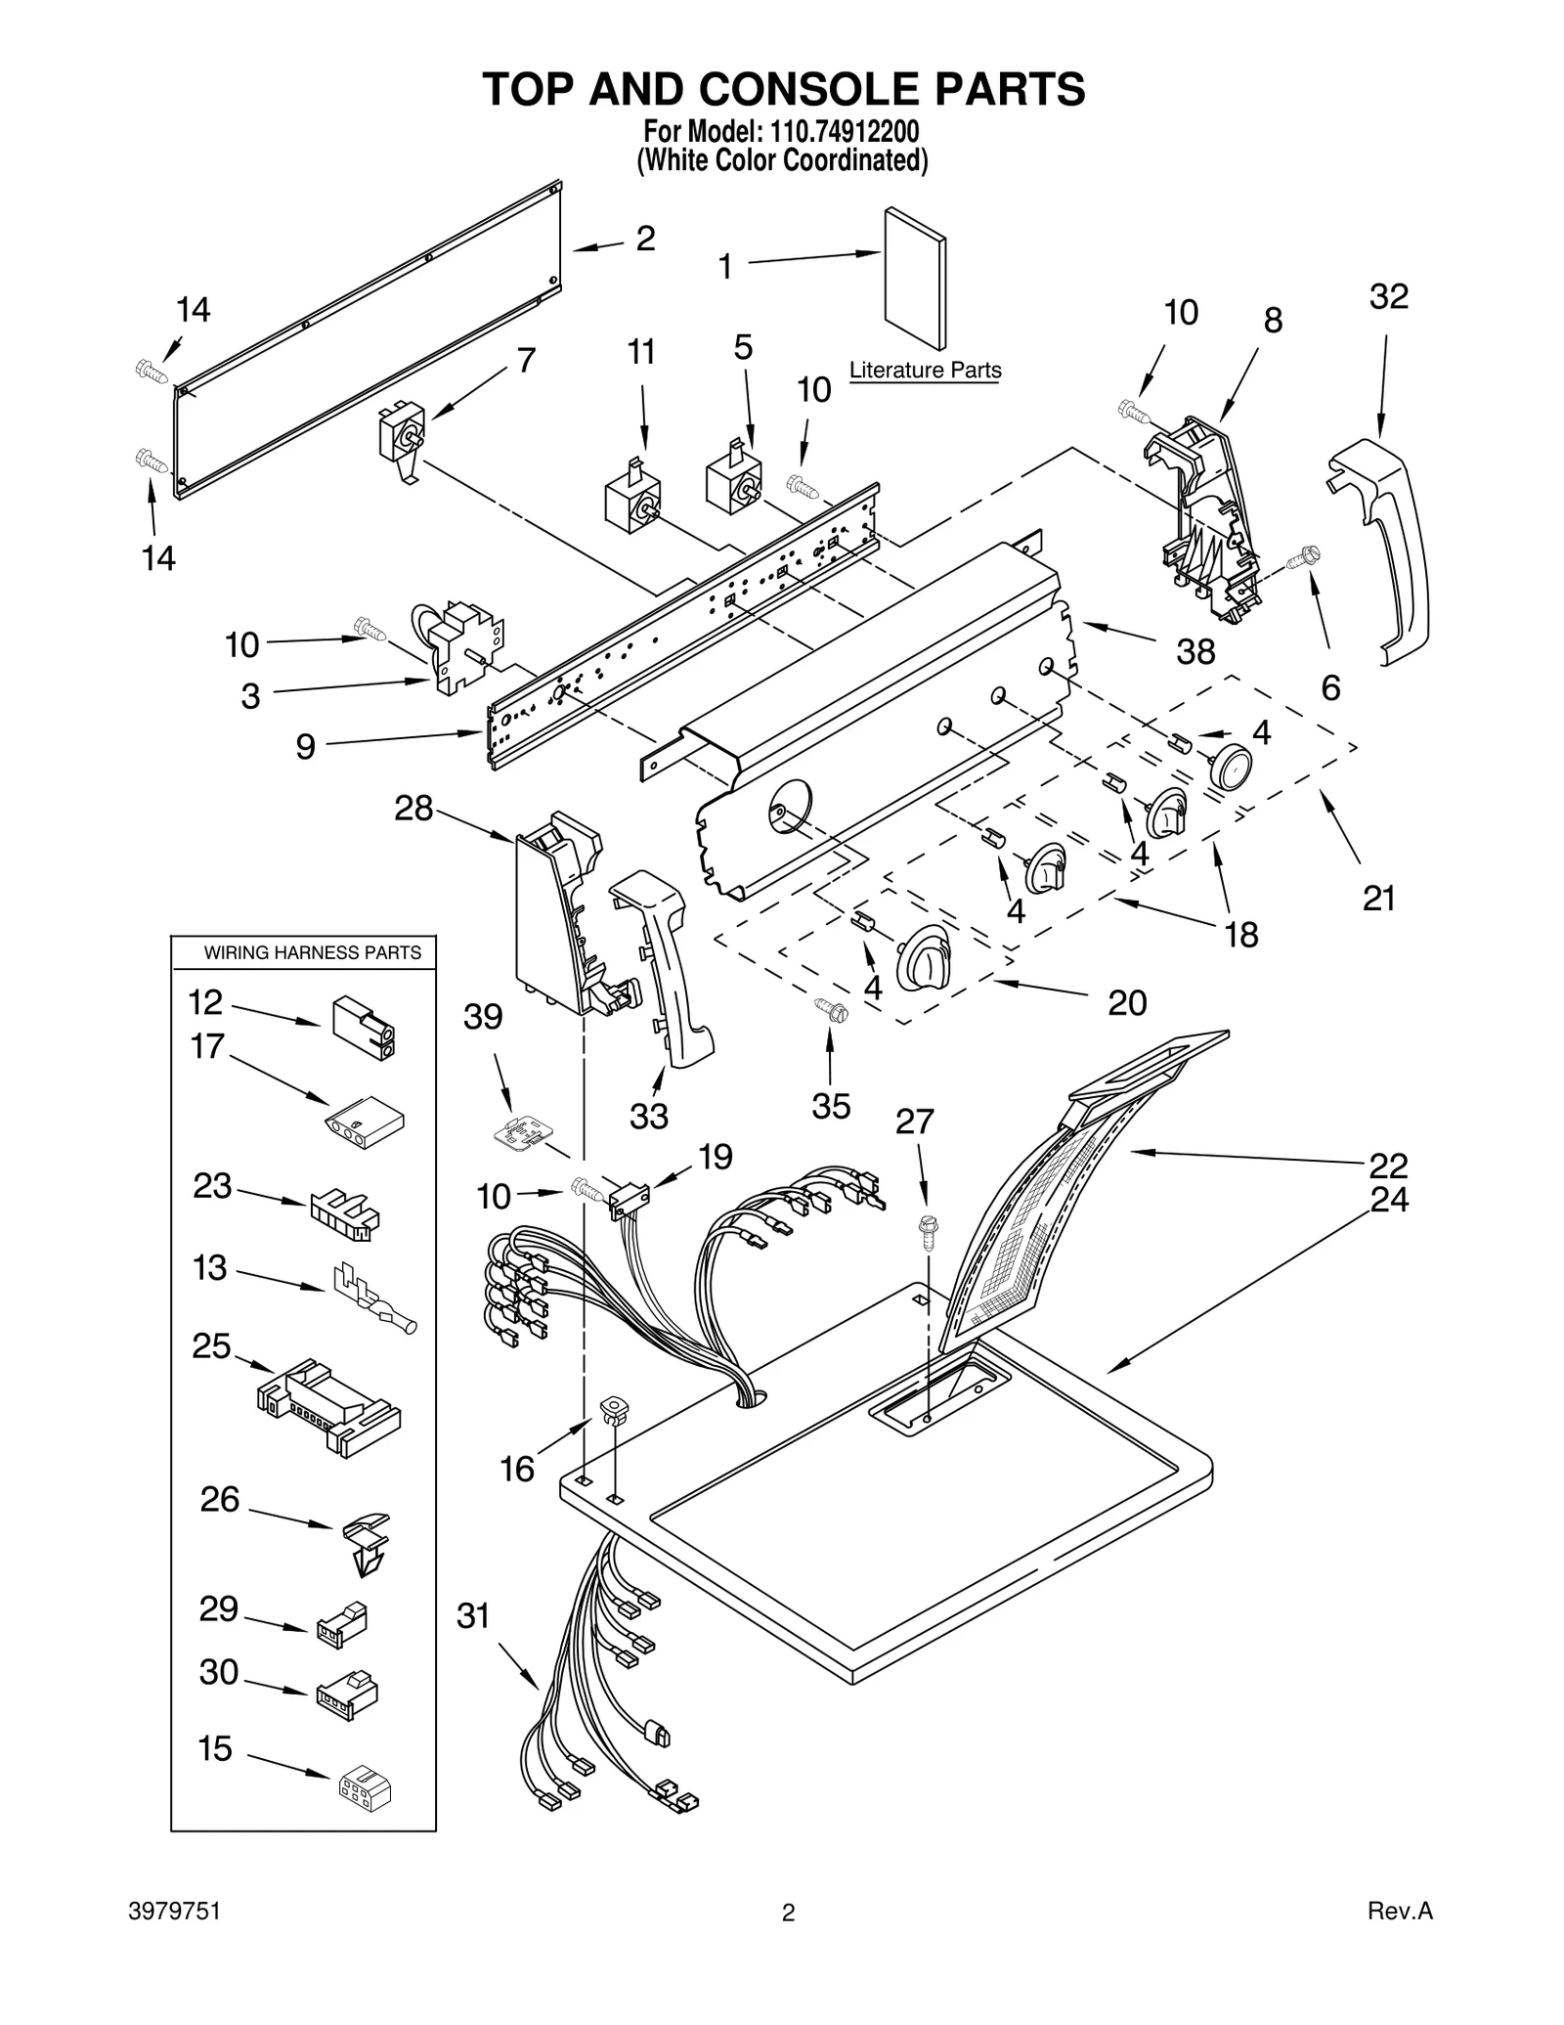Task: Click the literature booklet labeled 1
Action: click(x=914, y=279)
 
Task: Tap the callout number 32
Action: click(x=1388, y=296)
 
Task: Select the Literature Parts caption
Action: click(x=925, y=371)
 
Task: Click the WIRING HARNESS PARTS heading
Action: click(x=312, y=952)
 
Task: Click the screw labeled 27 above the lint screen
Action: click(x=927, y=1231)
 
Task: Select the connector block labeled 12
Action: click(x=364, y=1028)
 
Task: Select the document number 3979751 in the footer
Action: click(x=174, y=1939)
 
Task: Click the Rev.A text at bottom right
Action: click(x=1400, y=1939)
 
